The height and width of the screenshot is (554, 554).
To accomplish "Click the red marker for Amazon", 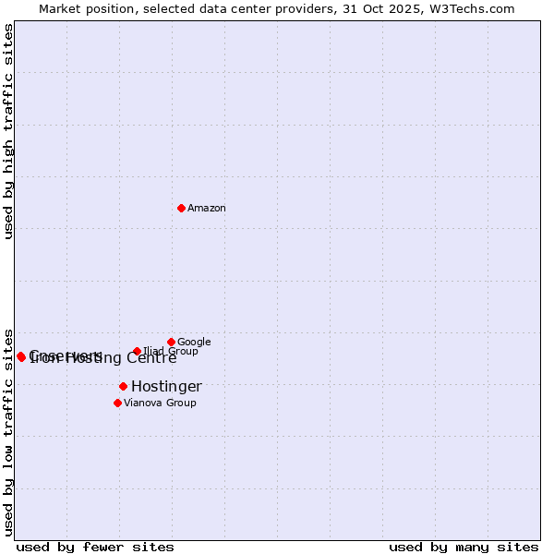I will tap(181, 208).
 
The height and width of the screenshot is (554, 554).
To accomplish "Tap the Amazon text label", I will tap(207, 209).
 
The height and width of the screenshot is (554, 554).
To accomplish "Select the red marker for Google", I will tap(171, 342).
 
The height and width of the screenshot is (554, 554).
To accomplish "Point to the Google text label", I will tap(194, 343).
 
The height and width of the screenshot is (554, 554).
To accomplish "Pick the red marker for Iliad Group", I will tap(137, 351).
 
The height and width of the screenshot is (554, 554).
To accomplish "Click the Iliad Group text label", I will tap(171, 352).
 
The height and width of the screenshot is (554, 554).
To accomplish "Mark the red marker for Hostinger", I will tap(123, 386).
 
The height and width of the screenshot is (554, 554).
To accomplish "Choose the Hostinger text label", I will tap(166, 387).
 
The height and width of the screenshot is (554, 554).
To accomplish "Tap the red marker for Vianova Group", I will tap(117, 403).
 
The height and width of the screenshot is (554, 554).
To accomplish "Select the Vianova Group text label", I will tap(160, 403).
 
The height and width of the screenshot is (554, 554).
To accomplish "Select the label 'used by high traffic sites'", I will tap(8, 131).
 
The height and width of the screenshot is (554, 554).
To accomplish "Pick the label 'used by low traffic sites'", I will tap(8, 431).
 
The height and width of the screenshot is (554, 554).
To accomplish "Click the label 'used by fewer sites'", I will tap(95, 547).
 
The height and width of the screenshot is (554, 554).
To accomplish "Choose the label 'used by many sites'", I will tap(464, 547).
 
